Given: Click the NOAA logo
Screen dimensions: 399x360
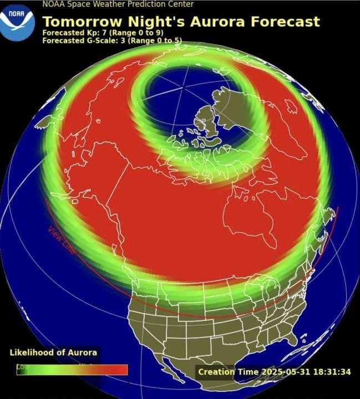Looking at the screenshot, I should point(17,21).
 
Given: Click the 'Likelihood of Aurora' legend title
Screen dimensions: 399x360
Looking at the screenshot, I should point(53,352).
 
